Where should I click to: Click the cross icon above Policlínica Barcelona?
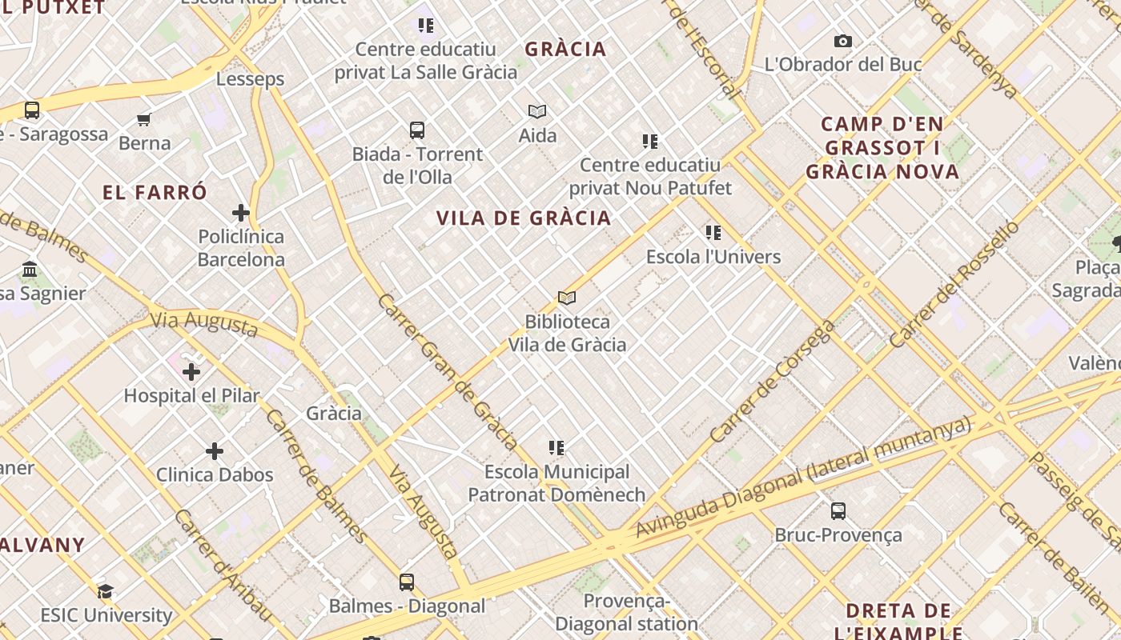pos(240,213)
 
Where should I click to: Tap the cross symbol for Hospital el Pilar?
pos(191,372)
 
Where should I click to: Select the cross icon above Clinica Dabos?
pos(215,451)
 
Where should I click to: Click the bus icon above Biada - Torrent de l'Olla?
pos(417,130)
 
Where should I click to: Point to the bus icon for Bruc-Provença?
pos(838,511)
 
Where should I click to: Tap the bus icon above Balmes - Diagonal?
pos(407,582)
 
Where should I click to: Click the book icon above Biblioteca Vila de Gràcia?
pos(567,298)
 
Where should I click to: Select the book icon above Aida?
pos(537,112)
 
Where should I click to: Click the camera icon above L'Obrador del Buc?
pos(842,41)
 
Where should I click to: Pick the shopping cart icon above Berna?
pos(144,120)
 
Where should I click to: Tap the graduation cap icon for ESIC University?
pos(106,592)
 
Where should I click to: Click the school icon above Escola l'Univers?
pos(713,233)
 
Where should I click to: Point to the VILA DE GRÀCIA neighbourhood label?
pos(524,218)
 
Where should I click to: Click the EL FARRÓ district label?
pos(155,193)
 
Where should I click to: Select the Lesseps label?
pos(251,79)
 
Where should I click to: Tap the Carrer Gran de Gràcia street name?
pos(448,370)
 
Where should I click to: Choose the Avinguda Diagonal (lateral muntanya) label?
pos(803,478)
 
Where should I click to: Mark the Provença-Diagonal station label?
pos(627,612)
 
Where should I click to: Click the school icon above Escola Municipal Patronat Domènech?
pos(556,448)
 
